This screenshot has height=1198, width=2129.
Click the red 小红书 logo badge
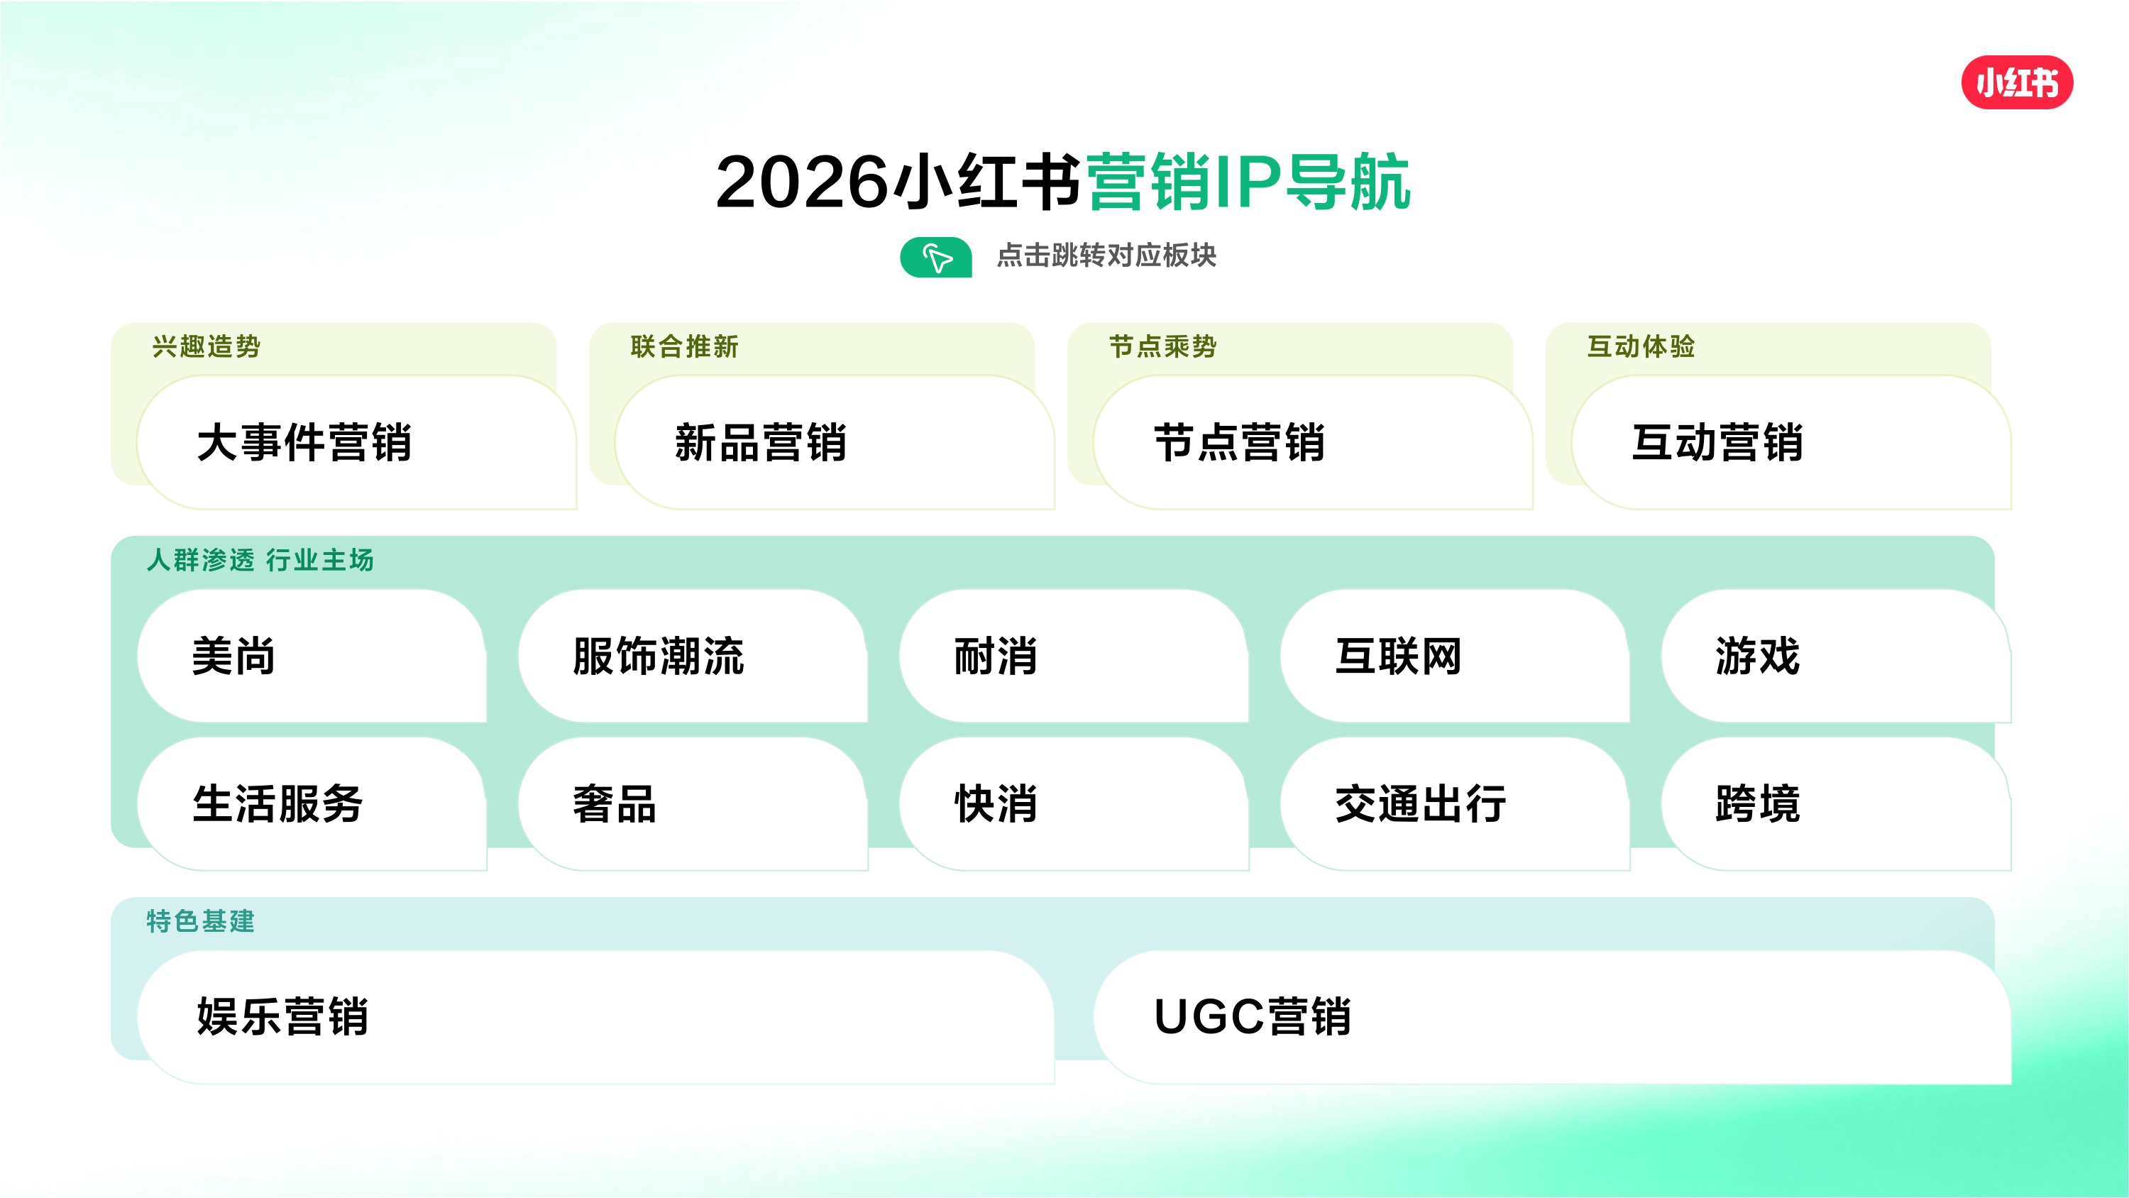coord(2017,82)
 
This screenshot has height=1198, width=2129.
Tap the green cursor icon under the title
coord(935,257)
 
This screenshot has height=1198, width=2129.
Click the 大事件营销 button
coord(356,442)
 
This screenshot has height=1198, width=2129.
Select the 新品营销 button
coord(834,442)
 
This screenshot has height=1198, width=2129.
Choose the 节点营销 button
coord(1312,442)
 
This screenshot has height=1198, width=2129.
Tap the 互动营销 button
coord(1791,442)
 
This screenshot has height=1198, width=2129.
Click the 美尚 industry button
coord(312,656)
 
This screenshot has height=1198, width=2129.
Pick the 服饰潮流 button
coord(693,656)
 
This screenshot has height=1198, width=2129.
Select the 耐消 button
coord(1074,656)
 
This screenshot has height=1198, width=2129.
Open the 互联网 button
coord(1455,656)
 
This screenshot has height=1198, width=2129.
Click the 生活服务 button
coord(312,803)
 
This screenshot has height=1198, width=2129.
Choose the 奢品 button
coord(693,803)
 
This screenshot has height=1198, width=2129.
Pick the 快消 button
coord(1074,803)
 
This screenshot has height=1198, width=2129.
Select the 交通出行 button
coord(1455,803)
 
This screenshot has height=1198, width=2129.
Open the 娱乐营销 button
coord(595,1017)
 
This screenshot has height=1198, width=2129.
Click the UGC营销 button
coord(1552,1017)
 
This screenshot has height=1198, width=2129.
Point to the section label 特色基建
coord(201,921)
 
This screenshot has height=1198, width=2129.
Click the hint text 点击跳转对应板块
coord(1106,255)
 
